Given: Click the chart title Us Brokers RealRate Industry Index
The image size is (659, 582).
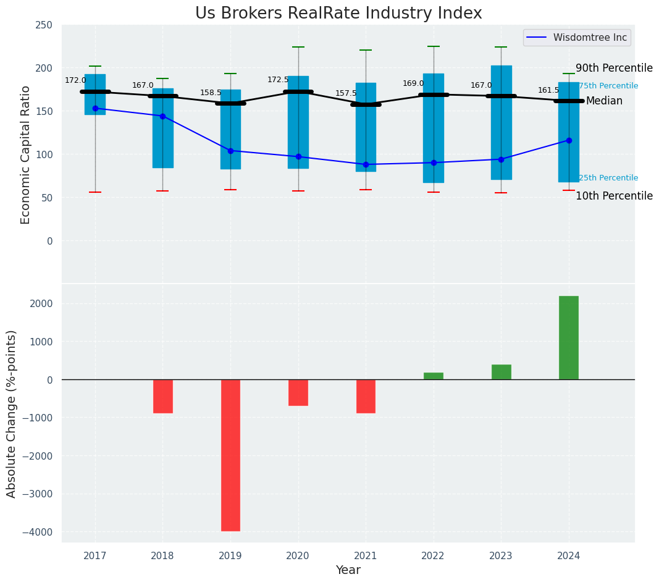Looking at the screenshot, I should [x=338, y=14].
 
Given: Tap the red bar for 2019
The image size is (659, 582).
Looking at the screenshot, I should [x=230, y=455].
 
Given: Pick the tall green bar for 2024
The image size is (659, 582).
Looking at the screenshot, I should [x=568, y=337].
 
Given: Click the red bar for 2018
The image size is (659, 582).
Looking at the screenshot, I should [x=163, y=396].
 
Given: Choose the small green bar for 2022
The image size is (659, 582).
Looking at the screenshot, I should [x=434, y=376].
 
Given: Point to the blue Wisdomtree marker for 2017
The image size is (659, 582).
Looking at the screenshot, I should [x=95, y=108].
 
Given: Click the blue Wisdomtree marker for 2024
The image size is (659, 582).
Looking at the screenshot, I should [x=569, y=140].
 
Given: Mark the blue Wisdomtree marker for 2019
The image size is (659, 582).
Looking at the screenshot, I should [x=230, y=151].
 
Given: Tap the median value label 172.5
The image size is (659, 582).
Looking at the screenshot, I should [x=278, y=80].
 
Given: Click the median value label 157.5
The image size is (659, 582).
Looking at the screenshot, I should [x=346, y=93].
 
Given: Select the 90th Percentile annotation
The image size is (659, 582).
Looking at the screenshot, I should [x=614, y=68].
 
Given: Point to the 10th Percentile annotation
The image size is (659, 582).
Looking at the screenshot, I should [x=614, y=196].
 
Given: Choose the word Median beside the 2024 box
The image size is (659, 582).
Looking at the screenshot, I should [x=604, y=101].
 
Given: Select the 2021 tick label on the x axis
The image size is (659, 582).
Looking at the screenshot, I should [x=366, y=556].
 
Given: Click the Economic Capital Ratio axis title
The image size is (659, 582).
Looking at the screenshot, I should [x=26, y=154].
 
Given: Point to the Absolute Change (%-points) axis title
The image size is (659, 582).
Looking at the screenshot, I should [x=12, y=413].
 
